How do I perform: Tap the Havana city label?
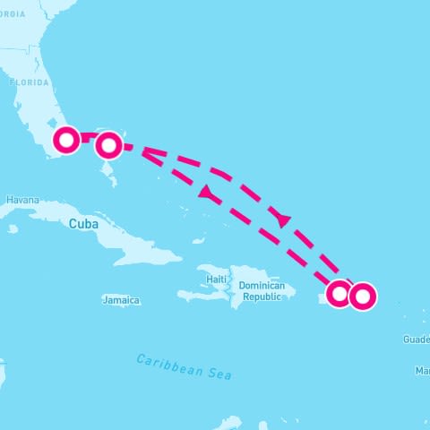point(21,201)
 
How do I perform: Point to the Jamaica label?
point(121,300)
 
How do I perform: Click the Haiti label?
point(216,279)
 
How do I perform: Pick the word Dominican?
point(262,286)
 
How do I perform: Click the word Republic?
point(262,297)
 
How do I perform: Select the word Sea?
point(219,374)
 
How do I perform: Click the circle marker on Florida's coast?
point(67,140)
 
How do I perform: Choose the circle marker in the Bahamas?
point(107,143)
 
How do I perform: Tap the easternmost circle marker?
point(362,296)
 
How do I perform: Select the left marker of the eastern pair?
point(340,293)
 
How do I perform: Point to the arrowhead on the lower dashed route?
point(206,193)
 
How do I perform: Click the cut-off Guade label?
point(416,340)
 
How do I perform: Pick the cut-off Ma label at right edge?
point(422,370)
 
